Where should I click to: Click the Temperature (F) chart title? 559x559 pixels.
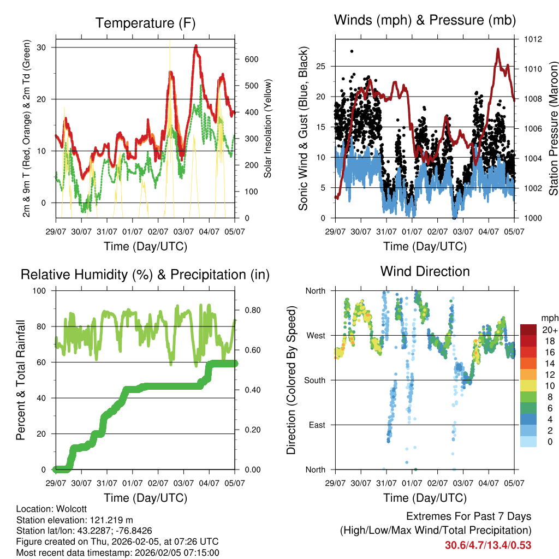(x=145, y=23)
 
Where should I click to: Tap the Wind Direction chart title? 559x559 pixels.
(x=425, y=271)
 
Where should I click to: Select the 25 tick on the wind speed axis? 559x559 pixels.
(x=320, y=67)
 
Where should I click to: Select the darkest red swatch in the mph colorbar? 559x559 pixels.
(x=528, y=330)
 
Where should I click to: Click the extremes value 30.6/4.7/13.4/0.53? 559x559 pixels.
(x=488, y=545)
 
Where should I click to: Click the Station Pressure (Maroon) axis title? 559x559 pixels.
(x=553, y=128)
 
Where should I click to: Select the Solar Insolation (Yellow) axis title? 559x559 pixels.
(x=267, y=128)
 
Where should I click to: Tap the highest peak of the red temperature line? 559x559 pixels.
(x=195, y=46)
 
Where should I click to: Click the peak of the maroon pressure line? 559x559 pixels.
(x=498, y=49)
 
